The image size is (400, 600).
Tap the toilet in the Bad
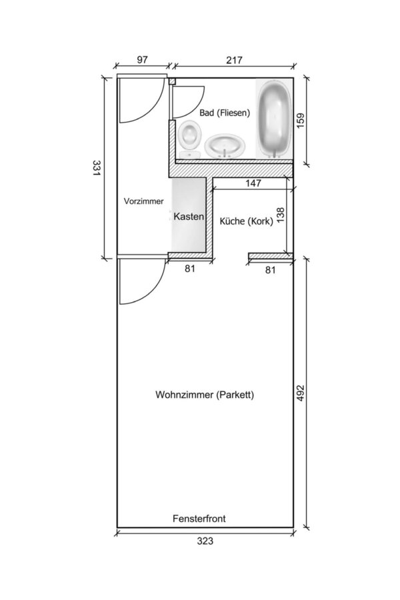190,139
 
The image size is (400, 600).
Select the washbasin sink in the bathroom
225,146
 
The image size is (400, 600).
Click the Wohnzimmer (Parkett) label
205,395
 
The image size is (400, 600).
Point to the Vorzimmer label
143,201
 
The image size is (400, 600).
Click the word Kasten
189,217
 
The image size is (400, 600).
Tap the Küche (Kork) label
246,221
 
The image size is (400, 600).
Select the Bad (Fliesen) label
225,113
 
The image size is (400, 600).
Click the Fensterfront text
199,519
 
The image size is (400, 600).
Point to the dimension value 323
205,541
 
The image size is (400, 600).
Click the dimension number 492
301,393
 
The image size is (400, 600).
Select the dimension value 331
96,167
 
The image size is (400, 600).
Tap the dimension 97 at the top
143,60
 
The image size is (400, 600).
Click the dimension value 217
234,60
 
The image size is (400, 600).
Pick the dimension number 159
301,120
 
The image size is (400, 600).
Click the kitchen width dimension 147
253,183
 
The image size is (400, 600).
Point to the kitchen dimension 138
281,215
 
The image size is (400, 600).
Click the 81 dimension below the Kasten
190,269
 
